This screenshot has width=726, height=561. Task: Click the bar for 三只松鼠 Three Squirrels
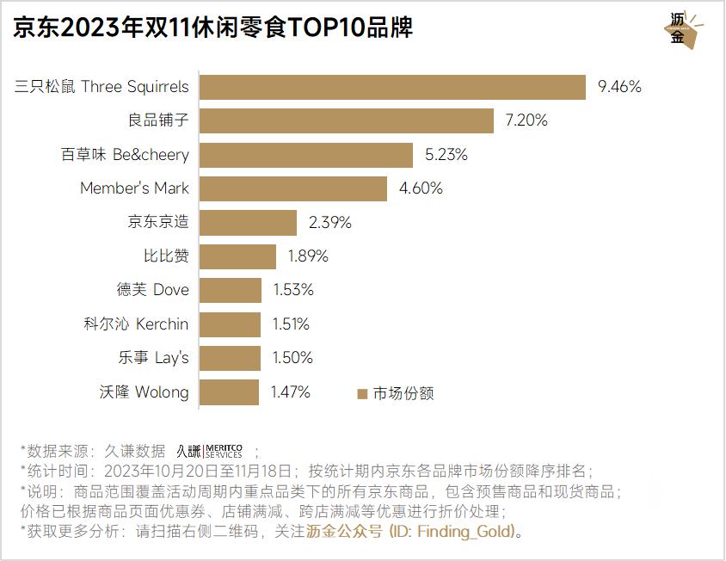pos(392,87)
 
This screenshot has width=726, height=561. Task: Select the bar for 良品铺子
pos(346,120)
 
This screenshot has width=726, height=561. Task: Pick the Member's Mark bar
pos(292,188)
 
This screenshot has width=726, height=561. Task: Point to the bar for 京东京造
pos(248,223)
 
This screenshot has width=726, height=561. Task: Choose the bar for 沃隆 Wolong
pos(229,392)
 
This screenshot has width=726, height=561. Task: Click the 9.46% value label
pos(619,87)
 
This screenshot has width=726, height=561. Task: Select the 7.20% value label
pos(526,120)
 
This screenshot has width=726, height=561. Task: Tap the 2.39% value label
pos(330,223)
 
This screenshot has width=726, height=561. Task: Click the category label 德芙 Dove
pos(153,290)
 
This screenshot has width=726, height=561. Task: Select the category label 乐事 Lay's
pos(154,358)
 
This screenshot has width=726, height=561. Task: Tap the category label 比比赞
pos(166,256)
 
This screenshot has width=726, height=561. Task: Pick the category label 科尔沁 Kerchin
pos(136,324)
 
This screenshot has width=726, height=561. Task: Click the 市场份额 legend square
pos(362,394)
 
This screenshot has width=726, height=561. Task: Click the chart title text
pos(212,28)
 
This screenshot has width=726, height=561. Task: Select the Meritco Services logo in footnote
pos(210,451)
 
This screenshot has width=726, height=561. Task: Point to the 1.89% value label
pos(308,256)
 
